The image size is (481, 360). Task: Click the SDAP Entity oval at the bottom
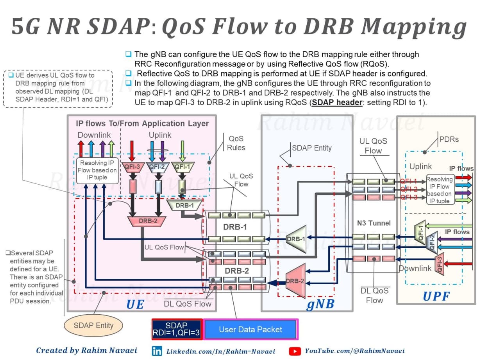[x=93, y=325]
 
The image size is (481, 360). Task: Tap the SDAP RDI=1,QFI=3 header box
[x=177, y=329]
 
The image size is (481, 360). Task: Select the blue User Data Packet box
[x=250, y=329]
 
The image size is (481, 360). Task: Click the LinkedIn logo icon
[x=157, y=351]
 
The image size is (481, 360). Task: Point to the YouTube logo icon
[x=295, y=351]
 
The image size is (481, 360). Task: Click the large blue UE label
[x=135, y=304]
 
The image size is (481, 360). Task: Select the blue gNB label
[x=320, y=304]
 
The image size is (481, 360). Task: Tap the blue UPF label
[x=436, y=296]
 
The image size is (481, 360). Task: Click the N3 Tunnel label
[x=374, y=223]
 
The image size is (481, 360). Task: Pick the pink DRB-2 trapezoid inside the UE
[x=147, y=221]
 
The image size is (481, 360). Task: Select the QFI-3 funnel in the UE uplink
[x=132, y=167]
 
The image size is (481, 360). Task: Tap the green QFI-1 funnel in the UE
[x=182, y=167]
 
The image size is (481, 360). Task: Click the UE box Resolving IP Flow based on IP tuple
[x=97, y=170]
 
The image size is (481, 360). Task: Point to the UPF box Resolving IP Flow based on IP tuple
[x=440, y=190]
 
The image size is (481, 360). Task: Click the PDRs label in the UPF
[x=449, y=139]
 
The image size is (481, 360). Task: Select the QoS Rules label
[x=236, y=143]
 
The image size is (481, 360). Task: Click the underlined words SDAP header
[x=337, y=102]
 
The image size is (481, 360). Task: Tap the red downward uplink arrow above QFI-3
[x=132, y=151]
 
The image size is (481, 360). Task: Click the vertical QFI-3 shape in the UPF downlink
[x=440, y=264]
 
